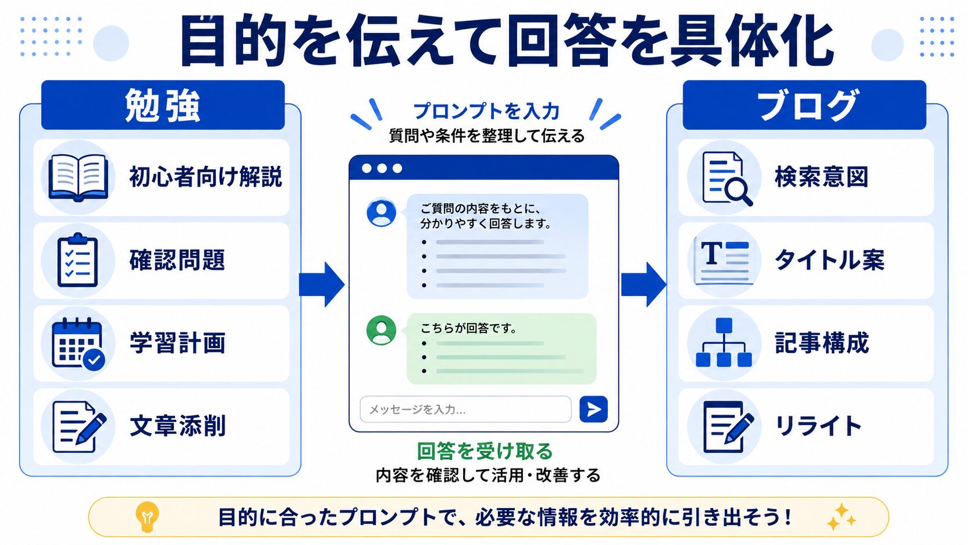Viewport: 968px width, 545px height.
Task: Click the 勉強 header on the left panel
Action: click(x=163, y=105)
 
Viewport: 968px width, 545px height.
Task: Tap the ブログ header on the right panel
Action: click(x=804, y=105)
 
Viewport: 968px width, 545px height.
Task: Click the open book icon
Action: click(x=78, y=178)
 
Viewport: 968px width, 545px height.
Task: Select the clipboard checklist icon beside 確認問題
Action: click(x=78, y=260)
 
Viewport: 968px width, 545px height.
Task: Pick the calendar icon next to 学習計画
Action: click(x=78, y=344)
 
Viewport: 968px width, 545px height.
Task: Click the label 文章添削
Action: click(x=178, y=426)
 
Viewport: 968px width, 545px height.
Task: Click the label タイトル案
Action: click(x=829, y=260)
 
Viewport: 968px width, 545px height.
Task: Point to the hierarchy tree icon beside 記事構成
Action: click(x=724, y=343)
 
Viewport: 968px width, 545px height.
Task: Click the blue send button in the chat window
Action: click(x=593, y=409)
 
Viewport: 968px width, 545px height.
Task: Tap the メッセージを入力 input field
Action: click(x=465, y=409)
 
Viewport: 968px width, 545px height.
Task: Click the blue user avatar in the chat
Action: click(x=381, y=212)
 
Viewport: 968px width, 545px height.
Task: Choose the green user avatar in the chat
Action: click(x=381, y=330)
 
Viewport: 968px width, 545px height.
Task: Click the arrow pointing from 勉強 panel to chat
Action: click(x=321, y=284)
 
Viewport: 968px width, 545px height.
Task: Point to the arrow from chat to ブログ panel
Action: click(x=643, y=284)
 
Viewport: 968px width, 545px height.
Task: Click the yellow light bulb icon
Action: click(x=147, y=517)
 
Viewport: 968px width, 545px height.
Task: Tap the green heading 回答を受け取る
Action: click(x=485, y=451)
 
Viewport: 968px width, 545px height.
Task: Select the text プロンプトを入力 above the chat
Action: click(x=486, y=112)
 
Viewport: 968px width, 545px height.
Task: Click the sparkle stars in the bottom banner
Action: click(x=840, y=517)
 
